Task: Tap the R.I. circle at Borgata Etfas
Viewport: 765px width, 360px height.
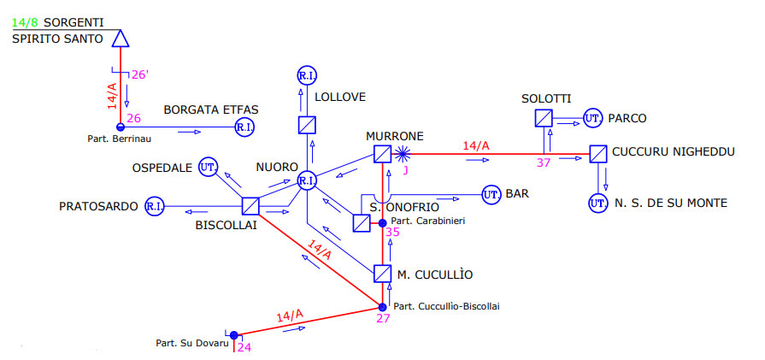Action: click(x=244, y=127)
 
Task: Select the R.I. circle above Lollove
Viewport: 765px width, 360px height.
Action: click(x=307, y=75)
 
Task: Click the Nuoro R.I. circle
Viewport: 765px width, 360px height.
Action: click(x=307, y=180)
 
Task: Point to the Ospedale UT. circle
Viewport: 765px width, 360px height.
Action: click(x=208, y=168)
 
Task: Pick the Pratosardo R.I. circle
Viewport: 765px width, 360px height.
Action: click(x=155, y=206)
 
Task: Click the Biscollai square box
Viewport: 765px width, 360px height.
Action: click(x=250, y=206)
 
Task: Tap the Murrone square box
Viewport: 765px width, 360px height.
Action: click(x=383, y=154)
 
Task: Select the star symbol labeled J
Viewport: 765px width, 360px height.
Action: click(x=402, y=154)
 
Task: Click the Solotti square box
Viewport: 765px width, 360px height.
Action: click(x=543, y=118)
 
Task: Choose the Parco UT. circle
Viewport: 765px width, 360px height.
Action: click(x=593, y=118)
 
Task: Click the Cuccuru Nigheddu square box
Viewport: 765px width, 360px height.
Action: click(x=598, y=154)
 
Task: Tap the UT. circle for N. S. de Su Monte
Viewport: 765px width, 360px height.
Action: click(x=597, y=203)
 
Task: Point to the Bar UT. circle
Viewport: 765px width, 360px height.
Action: click(x=491, y=195)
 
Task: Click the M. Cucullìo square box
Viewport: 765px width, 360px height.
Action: click(x=383, y=274)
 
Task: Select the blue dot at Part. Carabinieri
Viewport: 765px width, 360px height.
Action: click(x=383, y=223)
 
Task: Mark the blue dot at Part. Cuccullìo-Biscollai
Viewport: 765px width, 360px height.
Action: click(x=383, y=307)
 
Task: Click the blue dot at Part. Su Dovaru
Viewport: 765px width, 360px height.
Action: click(x=233, y=335)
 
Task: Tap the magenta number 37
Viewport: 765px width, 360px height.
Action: click(x=544, y=163)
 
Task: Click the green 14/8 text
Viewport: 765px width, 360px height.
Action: click(x=26, y=22)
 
